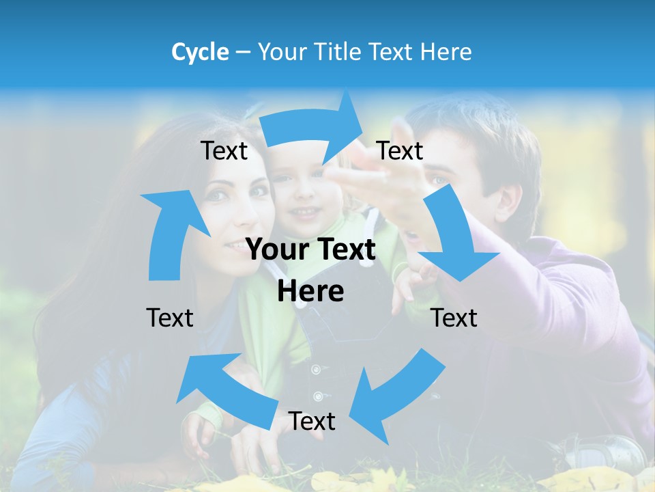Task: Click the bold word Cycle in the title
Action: click(200, 52)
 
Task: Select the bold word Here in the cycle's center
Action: click(310, 291)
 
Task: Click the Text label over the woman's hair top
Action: click(224, 151)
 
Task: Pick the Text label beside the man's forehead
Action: click(400, 150)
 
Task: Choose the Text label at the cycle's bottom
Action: click(312, 421)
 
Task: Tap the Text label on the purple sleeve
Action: click(454, 318)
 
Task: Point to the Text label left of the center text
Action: click(170, 318)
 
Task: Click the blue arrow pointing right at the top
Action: click(314, 126)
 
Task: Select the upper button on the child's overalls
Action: click(315, 370)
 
